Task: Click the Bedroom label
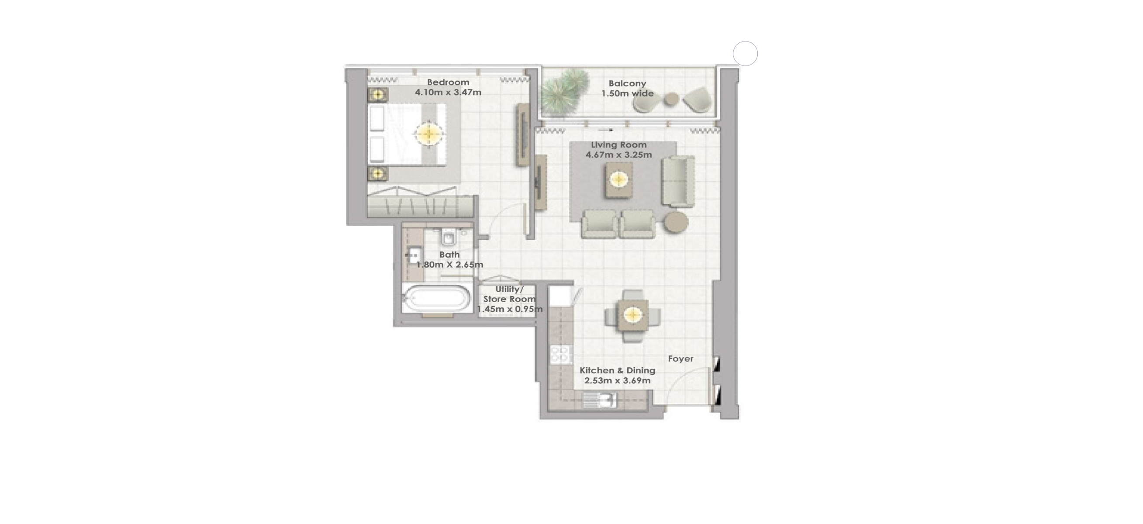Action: pos(448,82)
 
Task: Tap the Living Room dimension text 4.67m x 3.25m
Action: pos(618,155)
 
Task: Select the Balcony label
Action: pos(627,83)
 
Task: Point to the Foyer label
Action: pos(680,359)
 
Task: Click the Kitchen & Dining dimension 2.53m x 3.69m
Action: pos(617,381)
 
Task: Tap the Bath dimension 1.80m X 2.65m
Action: pos(449,265)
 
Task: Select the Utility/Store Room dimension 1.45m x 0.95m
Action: pos(509,309)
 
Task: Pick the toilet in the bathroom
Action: pos(449,238)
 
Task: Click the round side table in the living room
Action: pos(676,222)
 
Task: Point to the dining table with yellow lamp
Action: pos(632,315)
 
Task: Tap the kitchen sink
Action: pos(598,400)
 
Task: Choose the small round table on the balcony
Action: pos(671,100)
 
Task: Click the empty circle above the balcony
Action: pos(745,54)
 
